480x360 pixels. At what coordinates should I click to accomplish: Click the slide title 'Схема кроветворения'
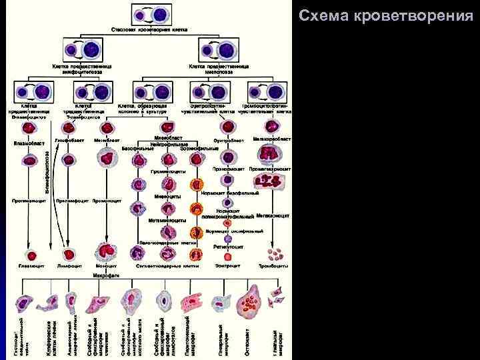coord(386,15)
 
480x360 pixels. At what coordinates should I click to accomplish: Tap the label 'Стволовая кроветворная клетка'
coord(149,30)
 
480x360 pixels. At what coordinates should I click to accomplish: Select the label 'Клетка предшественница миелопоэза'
coord(219,68)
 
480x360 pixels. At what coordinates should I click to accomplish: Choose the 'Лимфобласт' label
coord(70,140)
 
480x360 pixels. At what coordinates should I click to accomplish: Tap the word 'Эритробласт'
coord(228,141)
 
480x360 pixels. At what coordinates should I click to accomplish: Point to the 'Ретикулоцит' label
coord(228,246)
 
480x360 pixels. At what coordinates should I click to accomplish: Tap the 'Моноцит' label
coord(106,266)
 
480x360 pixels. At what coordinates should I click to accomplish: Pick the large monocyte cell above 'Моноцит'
coord(106,252)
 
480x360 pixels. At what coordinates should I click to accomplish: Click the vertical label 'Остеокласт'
coord(247,339)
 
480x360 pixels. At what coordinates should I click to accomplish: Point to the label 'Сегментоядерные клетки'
coord(167,266)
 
